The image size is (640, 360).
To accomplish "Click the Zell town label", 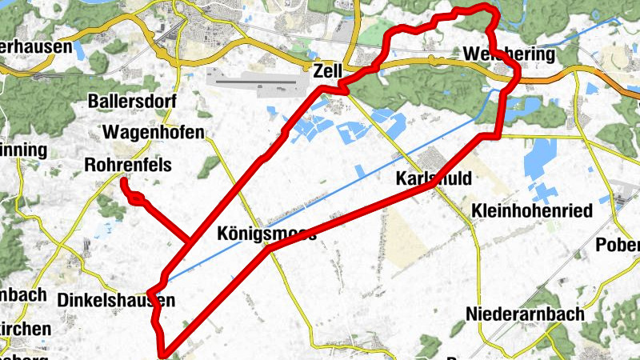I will coord(329,70).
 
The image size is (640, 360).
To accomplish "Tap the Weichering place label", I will coord(509,54).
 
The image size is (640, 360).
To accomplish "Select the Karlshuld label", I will coord(434,178).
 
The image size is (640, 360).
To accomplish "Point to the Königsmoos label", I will coord(266,234).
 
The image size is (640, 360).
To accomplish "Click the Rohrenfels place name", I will coord(127,166).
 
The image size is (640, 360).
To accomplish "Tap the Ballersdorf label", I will coord(133,102).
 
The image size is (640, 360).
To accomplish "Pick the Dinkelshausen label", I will coord(116,300).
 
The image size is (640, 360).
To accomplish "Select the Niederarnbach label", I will coord(525,313).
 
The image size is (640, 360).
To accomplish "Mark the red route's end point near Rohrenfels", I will coord(124,182).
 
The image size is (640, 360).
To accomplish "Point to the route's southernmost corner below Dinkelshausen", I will coord(163,353).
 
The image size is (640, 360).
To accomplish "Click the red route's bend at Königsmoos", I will coord(268,249).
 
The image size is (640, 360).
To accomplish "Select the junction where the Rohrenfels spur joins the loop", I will coord(189,239).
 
